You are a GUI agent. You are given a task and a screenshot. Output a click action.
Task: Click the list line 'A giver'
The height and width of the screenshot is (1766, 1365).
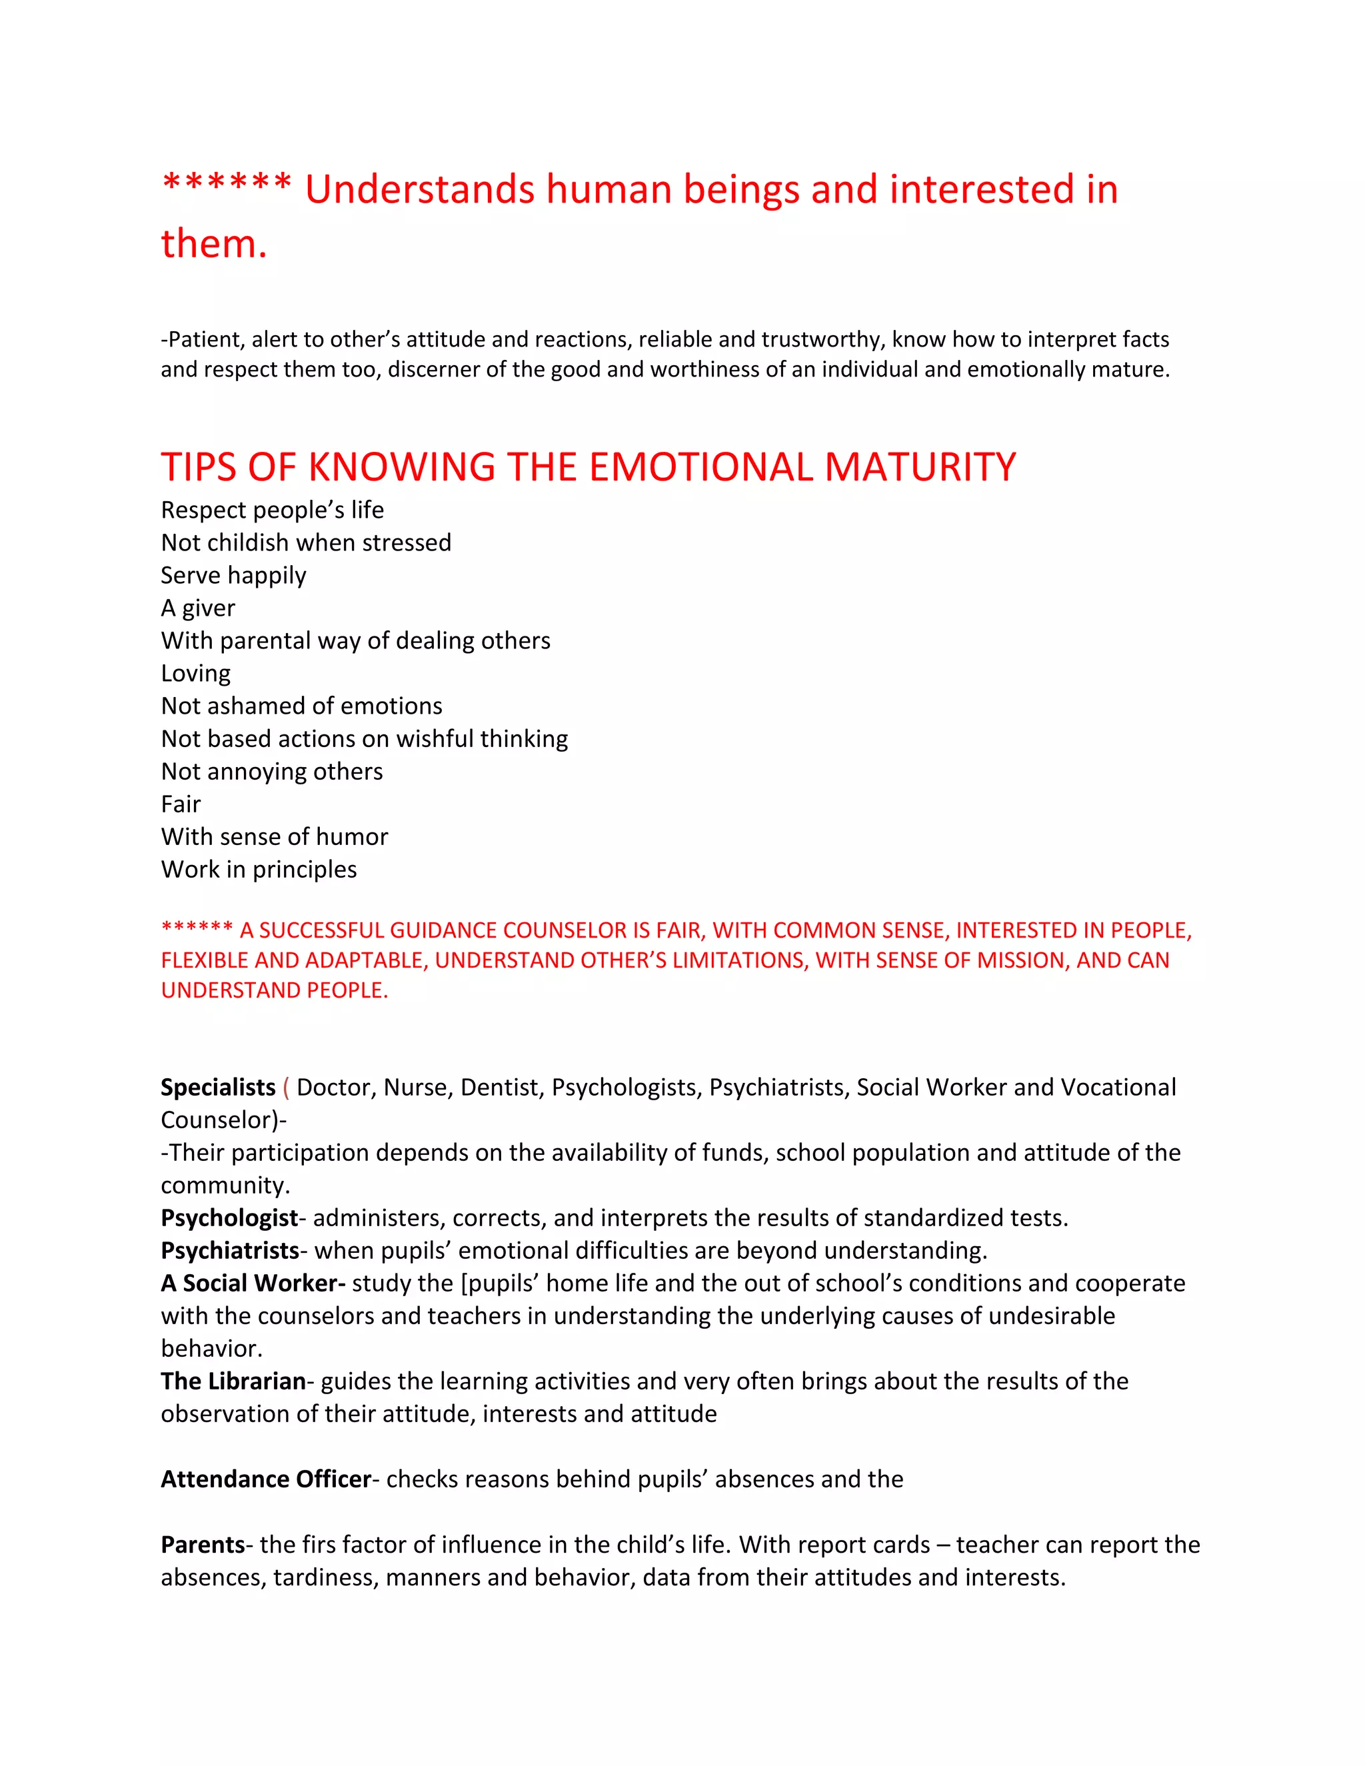point(197,608)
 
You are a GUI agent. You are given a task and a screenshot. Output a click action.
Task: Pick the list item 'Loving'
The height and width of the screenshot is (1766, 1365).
point(196,674)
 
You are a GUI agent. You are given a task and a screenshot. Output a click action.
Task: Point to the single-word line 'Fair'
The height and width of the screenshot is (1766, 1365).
point(181,804)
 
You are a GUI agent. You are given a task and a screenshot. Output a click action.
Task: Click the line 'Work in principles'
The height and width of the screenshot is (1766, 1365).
point(259,869)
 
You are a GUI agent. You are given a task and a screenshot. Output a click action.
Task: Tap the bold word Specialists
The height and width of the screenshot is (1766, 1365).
point(217,1088)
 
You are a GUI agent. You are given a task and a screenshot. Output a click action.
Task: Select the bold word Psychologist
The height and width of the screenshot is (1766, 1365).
point(229,1218)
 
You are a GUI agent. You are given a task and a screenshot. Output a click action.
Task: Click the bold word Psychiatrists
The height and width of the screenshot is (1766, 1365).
point(230,1251)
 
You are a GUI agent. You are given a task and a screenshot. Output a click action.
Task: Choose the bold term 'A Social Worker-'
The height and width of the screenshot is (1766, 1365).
point(253,1284)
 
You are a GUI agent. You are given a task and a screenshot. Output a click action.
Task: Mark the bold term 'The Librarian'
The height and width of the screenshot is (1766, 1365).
point(233,1381)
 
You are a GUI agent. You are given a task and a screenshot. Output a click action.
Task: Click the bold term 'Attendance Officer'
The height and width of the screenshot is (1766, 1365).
point(265,1479)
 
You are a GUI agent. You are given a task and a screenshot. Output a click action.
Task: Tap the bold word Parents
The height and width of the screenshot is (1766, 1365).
point(202,1545)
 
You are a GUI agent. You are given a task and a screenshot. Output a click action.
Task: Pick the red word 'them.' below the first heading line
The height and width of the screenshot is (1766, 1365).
point(213,244)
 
